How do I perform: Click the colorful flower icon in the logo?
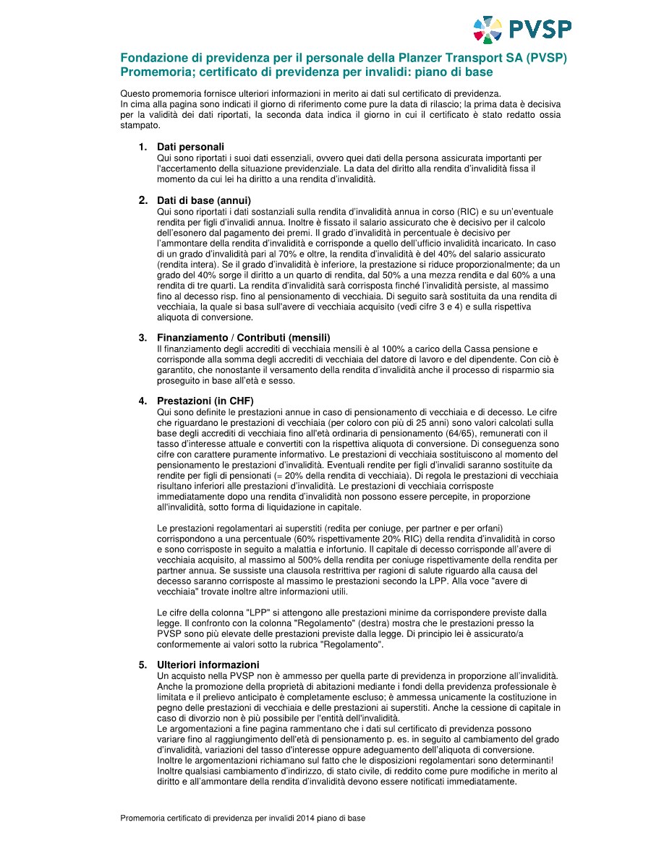tap(488, 30)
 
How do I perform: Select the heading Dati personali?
tap(190, 147)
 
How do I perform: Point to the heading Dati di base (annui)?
tap(204, 200)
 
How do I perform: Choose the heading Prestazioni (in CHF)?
tap(205, 401)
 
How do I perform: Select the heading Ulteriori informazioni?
tap(208, 664)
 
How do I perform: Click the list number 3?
tap(142, 338)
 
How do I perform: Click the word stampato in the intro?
tap(139, 125)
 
